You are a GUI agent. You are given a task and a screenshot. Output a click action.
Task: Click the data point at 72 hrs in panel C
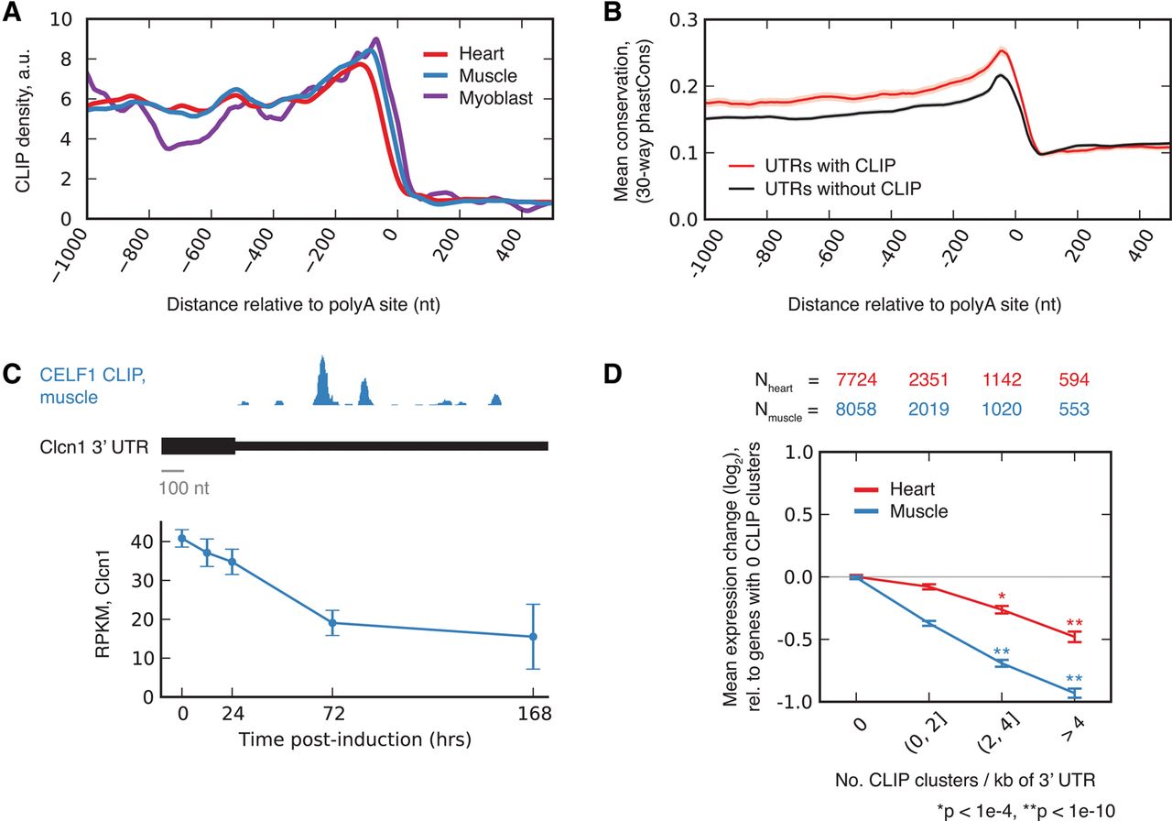pyautogui.click(x=332, y=623)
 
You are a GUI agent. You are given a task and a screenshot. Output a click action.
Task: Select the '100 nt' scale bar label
pyautogui.click(x=184, y=487)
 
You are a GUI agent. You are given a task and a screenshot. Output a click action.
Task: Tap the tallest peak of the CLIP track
pyautogui.click(x=321, y=380)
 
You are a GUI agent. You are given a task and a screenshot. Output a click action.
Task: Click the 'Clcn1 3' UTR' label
pyautogui.click(x=89, y=446)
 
